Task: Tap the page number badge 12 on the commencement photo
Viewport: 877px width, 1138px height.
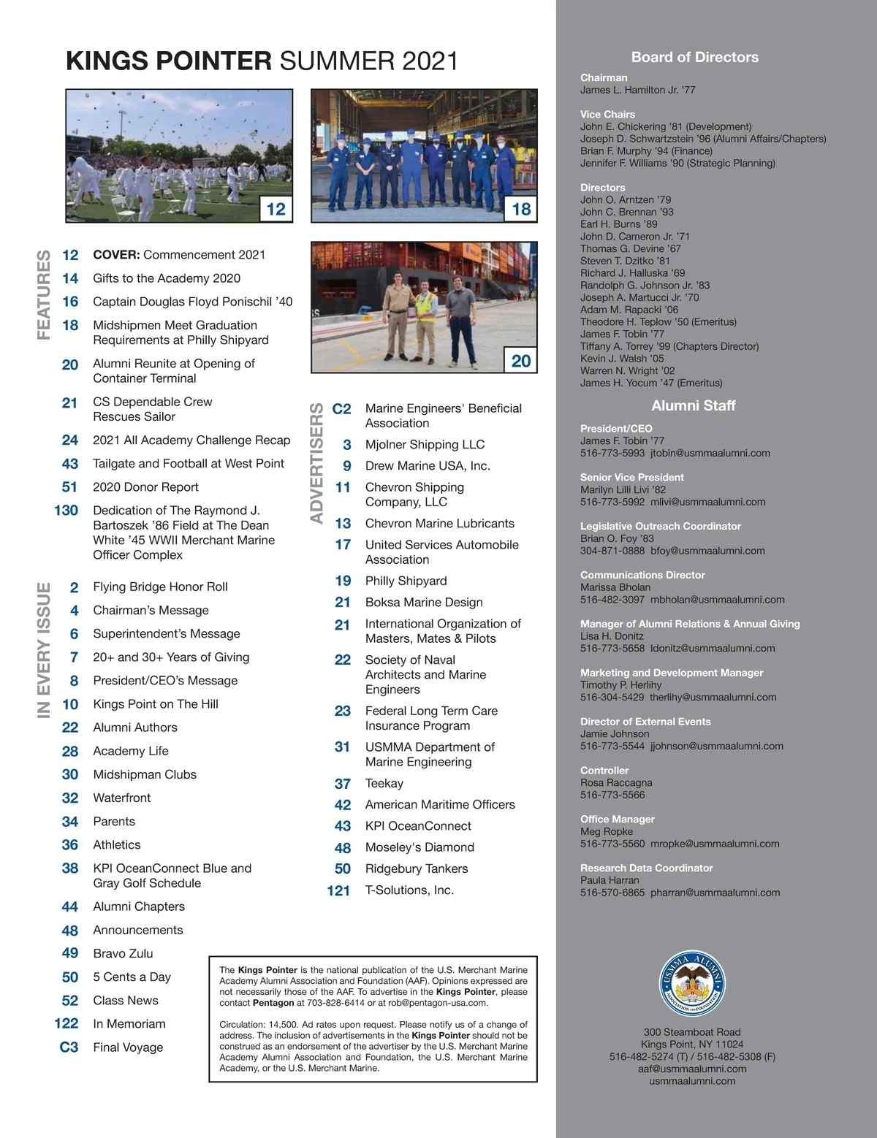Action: tap(276, 209)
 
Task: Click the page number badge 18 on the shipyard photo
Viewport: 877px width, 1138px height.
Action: tap(521, 209)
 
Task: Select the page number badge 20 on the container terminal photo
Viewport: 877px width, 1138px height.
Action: tap(521, 361)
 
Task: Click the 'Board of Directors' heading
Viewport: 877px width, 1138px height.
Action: tap(694, 57)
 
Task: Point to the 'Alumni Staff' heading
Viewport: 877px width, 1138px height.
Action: tap(693, 405)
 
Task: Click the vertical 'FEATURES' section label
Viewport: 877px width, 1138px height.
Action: tap(44, 294)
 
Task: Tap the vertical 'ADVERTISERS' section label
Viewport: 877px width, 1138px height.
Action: tap(316, 463)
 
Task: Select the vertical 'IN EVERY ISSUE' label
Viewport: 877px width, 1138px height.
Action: tap(44, 650)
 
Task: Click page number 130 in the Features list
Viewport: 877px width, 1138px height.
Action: tap(66, 511)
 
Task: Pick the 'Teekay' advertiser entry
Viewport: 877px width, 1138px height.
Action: tap(384, 783)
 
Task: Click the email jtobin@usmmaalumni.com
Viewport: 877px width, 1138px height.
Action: tap(710, 453)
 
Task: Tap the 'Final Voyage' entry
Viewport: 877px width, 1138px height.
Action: tap(128, 1047)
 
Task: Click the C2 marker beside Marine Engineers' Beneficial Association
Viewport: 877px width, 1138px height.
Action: tap(341, 409)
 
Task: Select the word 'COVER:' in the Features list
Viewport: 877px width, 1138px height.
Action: tap(116, 255)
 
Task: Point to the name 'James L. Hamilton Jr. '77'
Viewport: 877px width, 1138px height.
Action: tap(637, 90)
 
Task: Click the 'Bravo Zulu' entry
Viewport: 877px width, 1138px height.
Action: tap(123, 953)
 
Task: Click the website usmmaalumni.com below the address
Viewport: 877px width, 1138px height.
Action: tap(691, 1081)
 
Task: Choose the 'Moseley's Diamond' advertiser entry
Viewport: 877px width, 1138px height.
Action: tap(419, 847)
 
